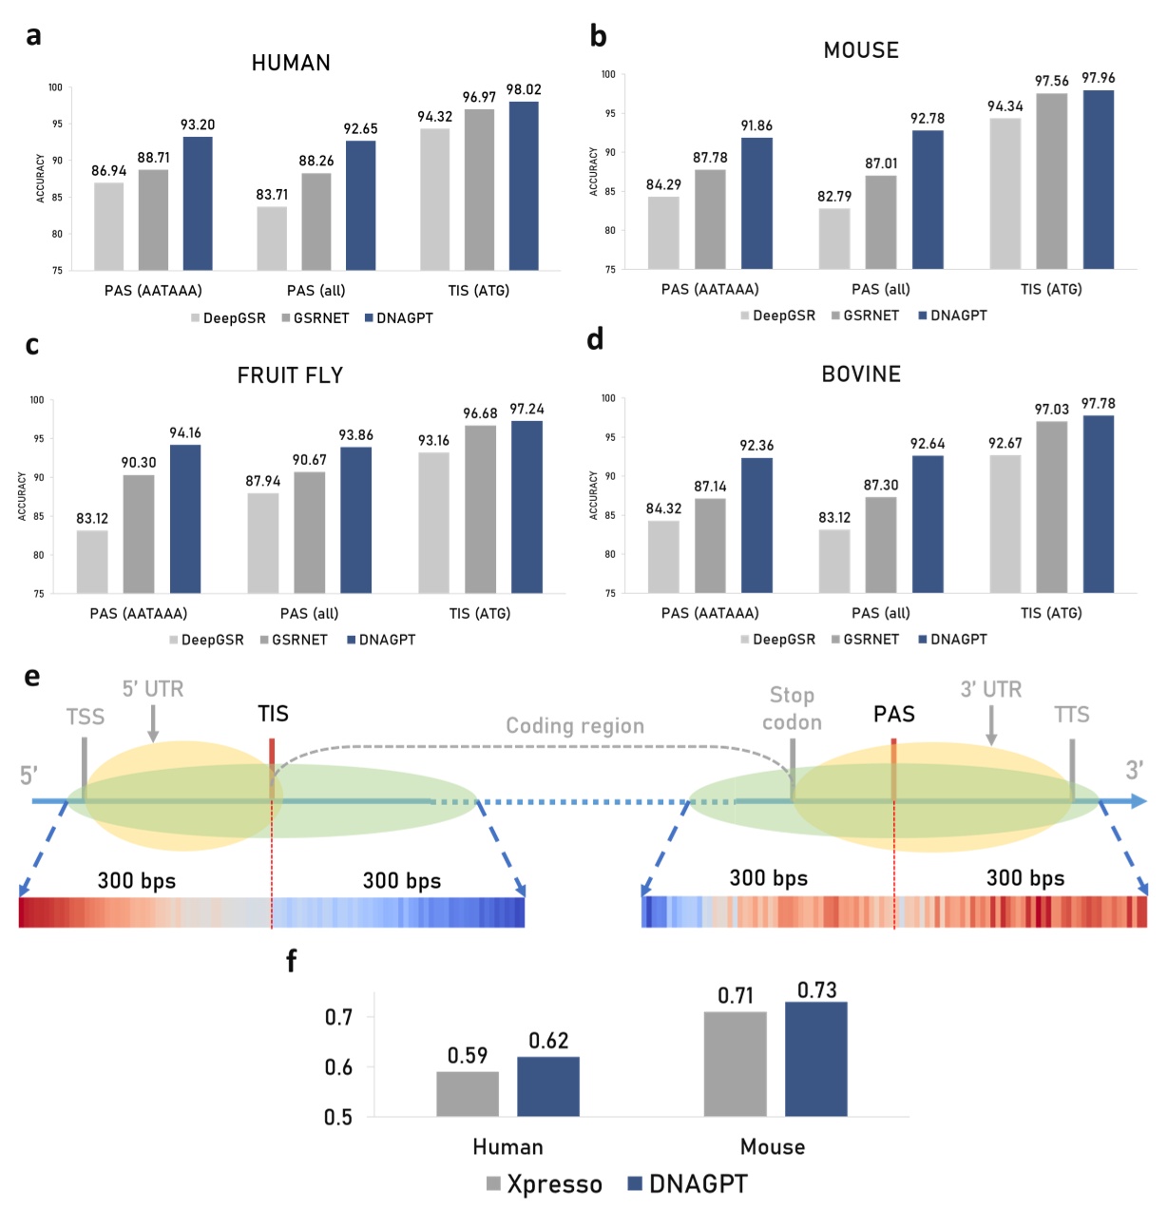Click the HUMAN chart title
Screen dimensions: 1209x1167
coord(291,63)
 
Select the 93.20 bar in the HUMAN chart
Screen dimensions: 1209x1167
coord(198,203)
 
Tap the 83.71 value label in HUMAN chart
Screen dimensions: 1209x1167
coord(272,195)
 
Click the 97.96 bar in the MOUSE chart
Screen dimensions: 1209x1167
coord(1099,180)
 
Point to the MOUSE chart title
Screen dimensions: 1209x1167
coord(861,50)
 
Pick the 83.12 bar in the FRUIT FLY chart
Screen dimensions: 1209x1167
coord(92,562)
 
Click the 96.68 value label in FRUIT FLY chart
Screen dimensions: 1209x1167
coord(480,413)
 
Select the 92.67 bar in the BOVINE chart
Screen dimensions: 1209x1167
coord(1005,524)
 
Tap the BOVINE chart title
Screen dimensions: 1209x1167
coord(861,374)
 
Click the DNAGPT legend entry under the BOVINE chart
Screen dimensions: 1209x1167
coord(953,640)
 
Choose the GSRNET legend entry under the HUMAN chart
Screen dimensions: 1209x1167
coord(316,318)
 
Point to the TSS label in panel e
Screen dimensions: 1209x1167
coord(86,717)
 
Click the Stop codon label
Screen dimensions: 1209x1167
coord(792,709)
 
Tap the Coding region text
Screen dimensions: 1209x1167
coord(575,726)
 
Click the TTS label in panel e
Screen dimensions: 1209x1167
coord(1071,715)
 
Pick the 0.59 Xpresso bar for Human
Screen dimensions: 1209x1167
coord(468,1094)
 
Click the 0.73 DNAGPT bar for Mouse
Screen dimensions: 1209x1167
coord(816,1059)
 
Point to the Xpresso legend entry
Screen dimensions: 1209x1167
coord(545,1184)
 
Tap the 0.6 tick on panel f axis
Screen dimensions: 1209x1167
coord(338,1067)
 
